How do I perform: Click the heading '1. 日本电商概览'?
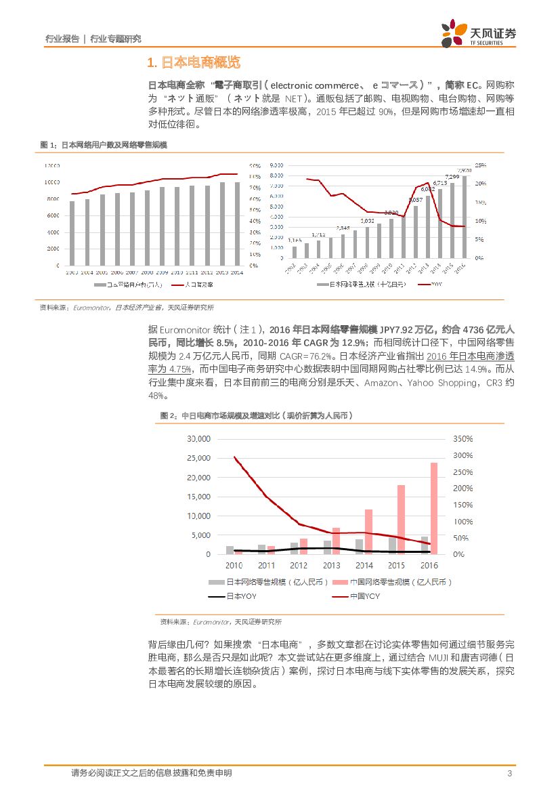[x=194, y=64]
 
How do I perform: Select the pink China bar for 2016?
[x=433, y=508]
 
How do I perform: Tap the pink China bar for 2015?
[x=401, y=520]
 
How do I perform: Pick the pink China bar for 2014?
[x=368, y=532]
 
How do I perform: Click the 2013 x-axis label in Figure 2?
[x=331, y=566]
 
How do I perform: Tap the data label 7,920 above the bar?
[x=465, y=170]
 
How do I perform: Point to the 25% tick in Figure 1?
[x=480, y=165]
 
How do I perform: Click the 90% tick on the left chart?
[x=255, y=165]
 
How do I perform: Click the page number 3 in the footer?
[x=509, y=774]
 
